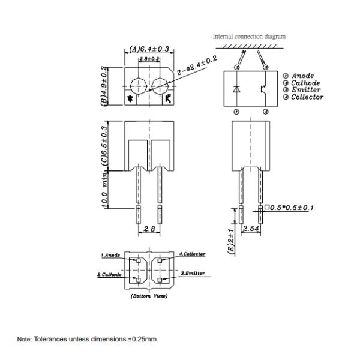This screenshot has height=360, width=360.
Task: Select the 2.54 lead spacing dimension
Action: pos(251,229)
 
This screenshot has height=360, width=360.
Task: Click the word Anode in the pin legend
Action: pos(302,76)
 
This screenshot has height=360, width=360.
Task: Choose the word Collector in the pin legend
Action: pos(307,97)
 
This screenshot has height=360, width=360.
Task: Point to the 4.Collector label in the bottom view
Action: pos(192,254)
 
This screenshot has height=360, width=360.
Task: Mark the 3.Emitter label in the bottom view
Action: pos(193,273)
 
